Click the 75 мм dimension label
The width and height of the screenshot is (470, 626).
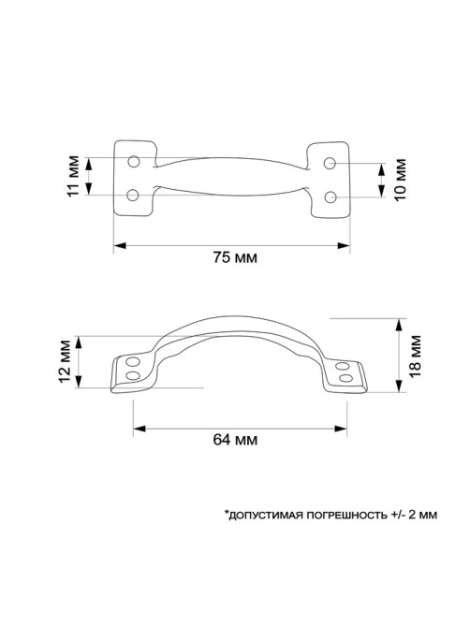point(234,257)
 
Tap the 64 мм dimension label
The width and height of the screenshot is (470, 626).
point(235,440)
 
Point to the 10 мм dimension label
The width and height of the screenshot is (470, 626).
point(401,180)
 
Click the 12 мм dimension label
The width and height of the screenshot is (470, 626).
point(64,360)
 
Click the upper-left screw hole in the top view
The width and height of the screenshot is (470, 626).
point(133,161)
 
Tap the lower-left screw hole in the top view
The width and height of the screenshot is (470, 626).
point(132,196)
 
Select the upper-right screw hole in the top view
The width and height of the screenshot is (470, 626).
point(330,163)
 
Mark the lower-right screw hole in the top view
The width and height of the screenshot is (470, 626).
point(330,197)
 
